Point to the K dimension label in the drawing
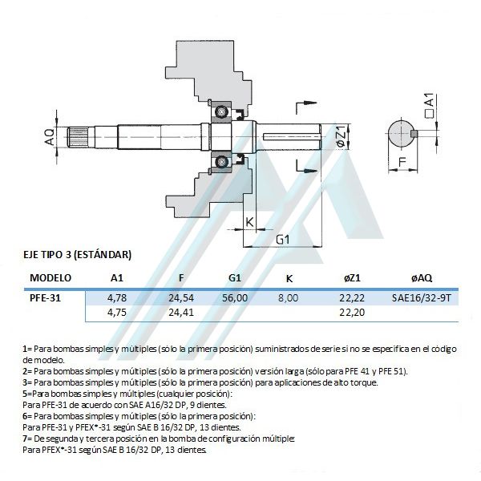pos(249,222)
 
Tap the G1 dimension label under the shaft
pos(282,240)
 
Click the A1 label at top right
pos(429,101)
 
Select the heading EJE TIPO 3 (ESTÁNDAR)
pos(77,255)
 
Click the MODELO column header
pos(51,278)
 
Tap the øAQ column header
pos(421,278)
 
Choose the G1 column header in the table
pos(235,278)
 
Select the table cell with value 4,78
pos(117,297)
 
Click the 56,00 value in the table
pos(235,297)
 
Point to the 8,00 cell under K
pos(288,297)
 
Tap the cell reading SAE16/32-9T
pos(422,297)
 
